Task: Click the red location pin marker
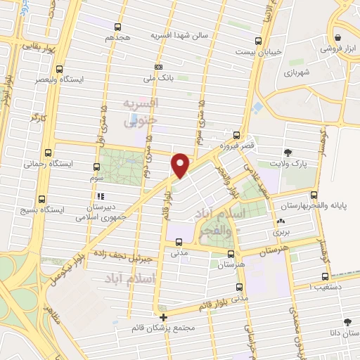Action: [x=180, y=165]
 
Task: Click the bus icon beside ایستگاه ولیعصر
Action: [x=60, y=70]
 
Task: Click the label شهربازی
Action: [x=301, y=72]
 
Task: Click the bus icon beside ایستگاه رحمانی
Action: [x=48, y=153]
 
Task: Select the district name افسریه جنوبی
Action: [x=142, y=112]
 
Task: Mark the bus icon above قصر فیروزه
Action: [x=237, y=136]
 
